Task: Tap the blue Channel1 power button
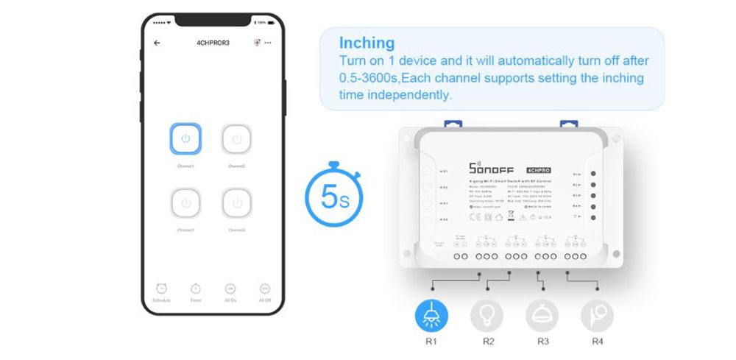(185, 138)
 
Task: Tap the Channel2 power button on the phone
(236, 138)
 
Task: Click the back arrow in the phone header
(157, 43)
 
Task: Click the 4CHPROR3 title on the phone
(213, 43)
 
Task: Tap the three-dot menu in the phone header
(268, 43)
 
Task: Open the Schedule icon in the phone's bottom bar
(161, 289)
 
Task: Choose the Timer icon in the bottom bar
(196, 289)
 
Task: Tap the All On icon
(230, 289)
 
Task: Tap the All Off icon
(265, 289)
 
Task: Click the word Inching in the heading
(367, 43)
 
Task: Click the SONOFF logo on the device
(492, 168)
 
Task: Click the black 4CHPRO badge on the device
(539, 168)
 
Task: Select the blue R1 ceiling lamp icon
(431, 314)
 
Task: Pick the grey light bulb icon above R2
(487, 314)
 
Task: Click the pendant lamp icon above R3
(542, 314)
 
